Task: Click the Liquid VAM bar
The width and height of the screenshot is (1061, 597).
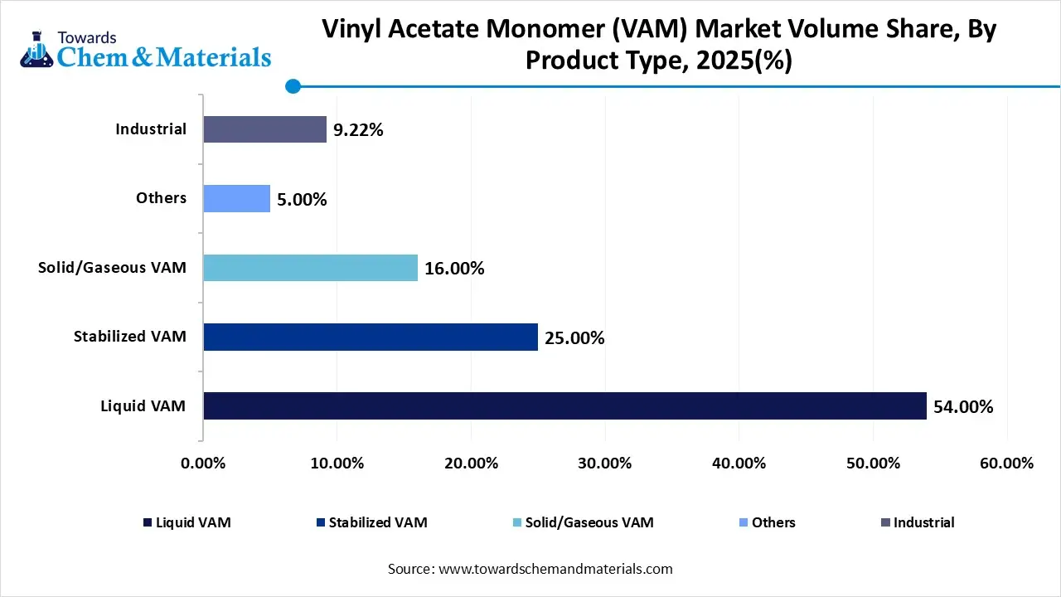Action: (x=564, y=406)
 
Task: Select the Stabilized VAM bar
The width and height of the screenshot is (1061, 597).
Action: (x=371, y=337)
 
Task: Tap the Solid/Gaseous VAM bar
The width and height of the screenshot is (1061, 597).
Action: (x=310, y=268)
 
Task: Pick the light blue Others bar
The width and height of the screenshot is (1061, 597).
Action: (x=237, y=199)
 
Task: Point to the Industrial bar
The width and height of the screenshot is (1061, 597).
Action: (x=265, y=129)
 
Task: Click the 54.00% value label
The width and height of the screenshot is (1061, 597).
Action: (x=963, y=407)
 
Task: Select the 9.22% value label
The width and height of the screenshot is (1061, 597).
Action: (x=358, y=130)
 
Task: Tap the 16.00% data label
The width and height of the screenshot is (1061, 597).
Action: (x=454, y=269)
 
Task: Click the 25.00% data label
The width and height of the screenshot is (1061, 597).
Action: (x=574, y=338)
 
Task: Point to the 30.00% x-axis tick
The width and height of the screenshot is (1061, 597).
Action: (x=605, y=464)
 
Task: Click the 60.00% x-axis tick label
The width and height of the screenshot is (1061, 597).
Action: (x=1006, y=464)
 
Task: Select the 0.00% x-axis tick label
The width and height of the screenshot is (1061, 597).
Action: (x=203, y=464)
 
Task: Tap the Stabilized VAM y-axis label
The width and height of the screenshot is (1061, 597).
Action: (x=129, y=337)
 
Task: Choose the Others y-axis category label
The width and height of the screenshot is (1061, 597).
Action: (x=161, y=198)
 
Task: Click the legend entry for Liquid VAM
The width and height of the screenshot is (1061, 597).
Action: (x=187, y=522)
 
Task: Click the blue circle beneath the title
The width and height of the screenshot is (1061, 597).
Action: (x=292, y=85)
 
